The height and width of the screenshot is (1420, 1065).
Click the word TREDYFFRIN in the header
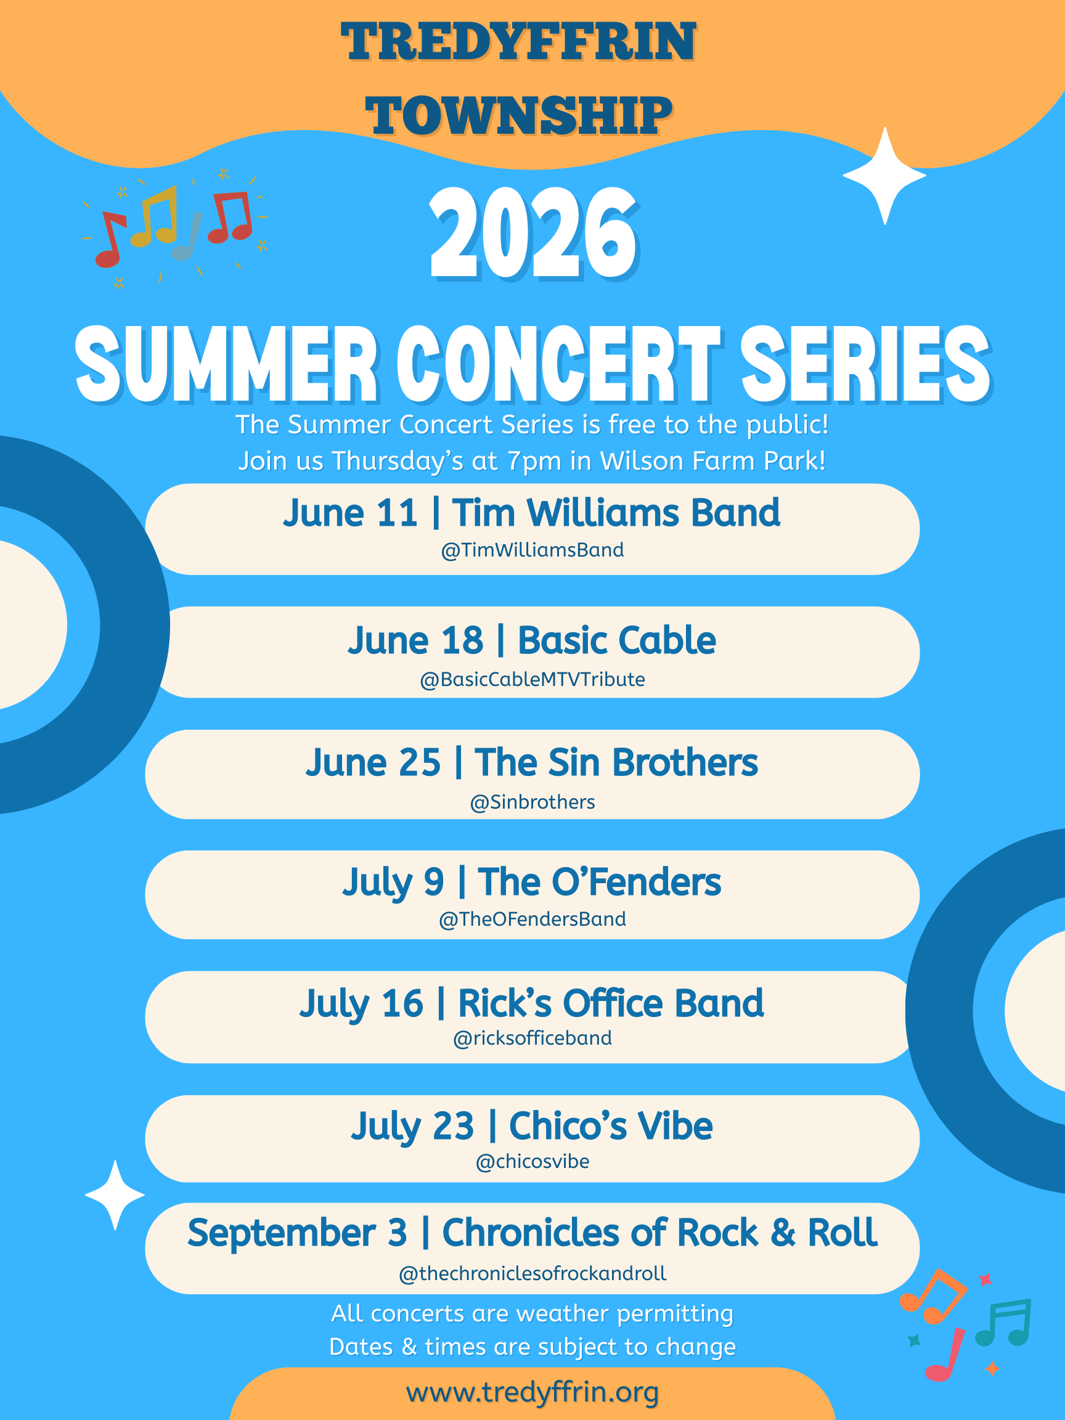coord(518,42)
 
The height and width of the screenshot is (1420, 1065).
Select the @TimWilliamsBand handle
coord(532,550)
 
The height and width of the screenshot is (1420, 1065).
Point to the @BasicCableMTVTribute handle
coord(532,679)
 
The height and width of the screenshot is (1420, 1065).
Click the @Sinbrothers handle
coord(532,802)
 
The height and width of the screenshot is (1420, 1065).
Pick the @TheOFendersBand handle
coord(532,919)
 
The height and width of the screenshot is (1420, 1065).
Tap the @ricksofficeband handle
coord(532,1038)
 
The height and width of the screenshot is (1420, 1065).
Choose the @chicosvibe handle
coord(532,1161)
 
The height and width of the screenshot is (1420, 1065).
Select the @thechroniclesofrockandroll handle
coord(532,1274)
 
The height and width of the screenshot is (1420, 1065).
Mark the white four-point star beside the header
coord(884,175)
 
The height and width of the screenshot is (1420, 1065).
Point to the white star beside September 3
coord(115,1194)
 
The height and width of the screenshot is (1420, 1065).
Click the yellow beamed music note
coord(155,216)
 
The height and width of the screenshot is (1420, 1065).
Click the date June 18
coord(415,641)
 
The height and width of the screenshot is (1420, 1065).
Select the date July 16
coord(361,1004)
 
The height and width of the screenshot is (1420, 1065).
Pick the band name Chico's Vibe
coord(611,1126)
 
